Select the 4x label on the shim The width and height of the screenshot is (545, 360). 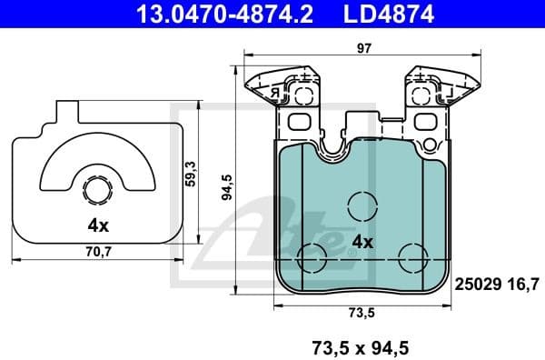pyautogui.click(x=96, y=225)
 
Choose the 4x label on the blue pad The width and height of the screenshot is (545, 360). pyautogui.click(x=362, y=242)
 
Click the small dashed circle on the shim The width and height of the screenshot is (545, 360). pyautogui.click(x=96, y=191)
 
